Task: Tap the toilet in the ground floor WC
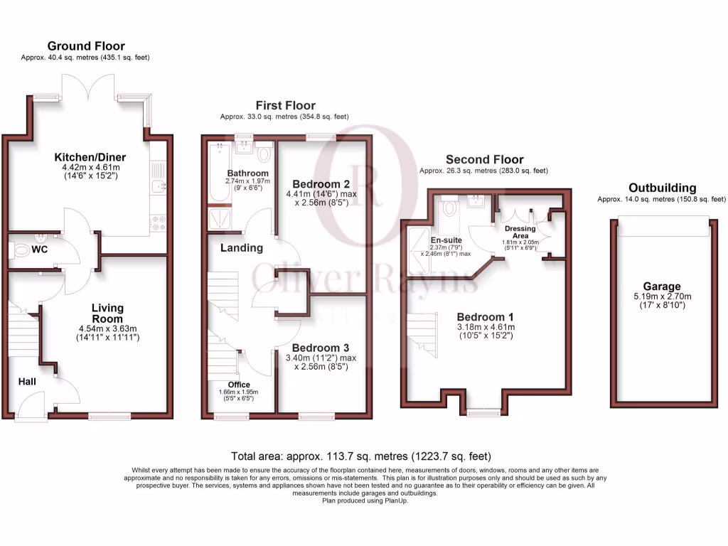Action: [x=22, y=251]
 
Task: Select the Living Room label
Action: [x=107, y=314]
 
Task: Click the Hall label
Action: [x=28, y=382]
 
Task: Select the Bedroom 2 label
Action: [x=320, y=183]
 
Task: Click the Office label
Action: [x=239, y=385]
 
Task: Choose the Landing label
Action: [x=242, y=248]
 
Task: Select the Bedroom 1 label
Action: [x=485, y=316]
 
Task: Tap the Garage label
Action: [x=663, y=287]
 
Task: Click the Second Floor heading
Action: [x=484, y=159]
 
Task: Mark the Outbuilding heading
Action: [x=662, y=188]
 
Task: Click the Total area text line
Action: [x=360, y=456]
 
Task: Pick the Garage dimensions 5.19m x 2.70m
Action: [x=663, y=296]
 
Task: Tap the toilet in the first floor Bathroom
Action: [x=264, y=154]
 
